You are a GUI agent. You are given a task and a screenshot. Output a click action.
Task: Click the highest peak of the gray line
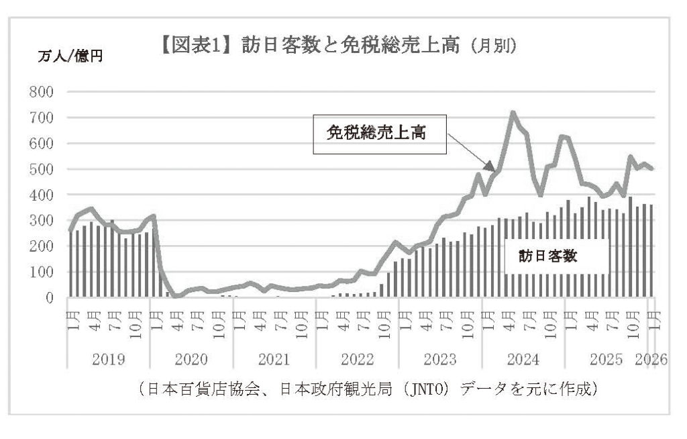click(513, 113)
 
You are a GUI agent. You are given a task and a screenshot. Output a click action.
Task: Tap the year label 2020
click(191, 358)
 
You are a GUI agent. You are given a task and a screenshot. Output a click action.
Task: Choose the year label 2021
click(274, 358)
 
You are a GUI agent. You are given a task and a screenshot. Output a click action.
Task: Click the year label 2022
click(357, 358)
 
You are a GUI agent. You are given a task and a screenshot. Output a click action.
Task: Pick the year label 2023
click(440, 358)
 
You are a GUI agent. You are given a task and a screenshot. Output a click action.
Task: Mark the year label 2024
click(523, 358)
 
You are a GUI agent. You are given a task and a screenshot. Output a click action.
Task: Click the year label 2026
click(650, 358)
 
